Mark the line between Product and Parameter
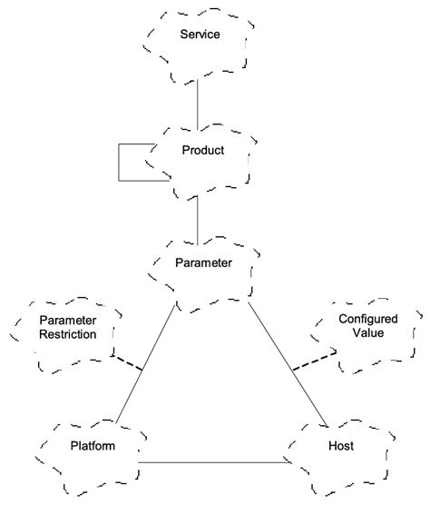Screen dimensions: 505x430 click(x=197, y=218)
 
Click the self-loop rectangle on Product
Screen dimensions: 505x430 click(x=121, y=163)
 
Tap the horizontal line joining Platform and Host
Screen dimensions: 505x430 click(x=213, y=462)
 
